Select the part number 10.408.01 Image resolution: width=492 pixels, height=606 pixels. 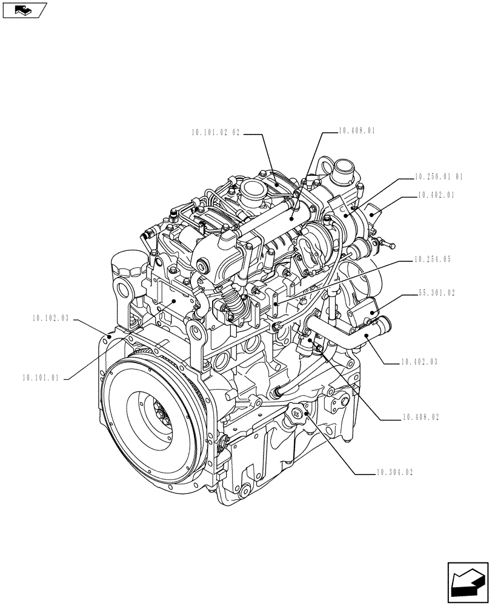[357, 130]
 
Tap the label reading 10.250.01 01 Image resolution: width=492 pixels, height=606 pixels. [439, 177]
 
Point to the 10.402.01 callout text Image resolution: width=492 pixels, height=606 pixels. [436, 195]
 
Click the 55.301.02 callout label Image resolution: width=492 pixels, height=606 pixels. [436, 293]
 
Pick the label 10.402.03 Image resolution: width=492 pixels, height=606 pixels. [419, 362]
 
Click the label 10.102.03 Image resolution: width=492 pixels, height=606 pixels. [48, 318]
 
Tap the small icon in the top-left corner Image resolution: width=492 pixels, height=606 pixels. [24, 10]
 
